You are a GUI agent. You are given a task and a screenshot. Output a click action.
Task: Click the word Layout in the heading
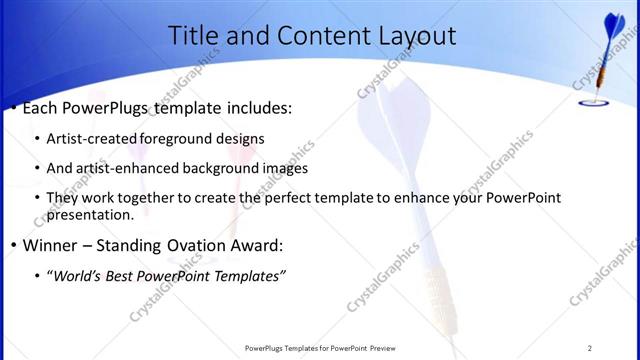point(412,37)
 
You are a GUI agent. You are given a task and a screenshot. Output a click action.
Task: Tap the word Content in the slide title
point(299,37)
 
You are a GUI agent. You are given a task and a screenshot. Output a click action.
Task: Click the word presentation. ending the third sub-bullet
point(90,215)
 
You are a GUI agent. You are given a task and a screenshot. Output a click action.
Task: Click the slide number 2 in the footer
point(590,348)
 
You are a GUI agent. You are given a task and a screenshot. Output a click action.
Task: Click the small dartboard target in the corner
point(592,99)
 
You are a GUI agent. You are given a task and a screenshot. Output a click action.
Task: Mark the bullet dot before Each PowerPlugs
point(13,108)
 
